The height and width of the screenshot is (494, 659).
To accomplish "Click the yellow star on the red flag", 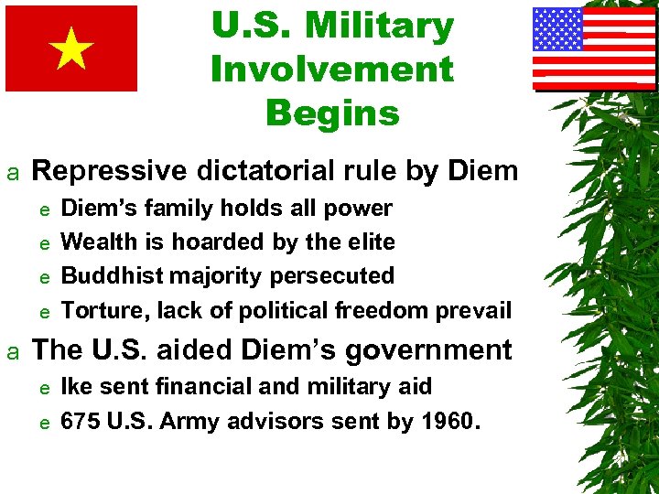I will [x=71, y=48].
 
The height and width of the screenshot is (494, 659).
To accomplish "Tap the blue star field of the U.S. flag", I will [x=558, y=29].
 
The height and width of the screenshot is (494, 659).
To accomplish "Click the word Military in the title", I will [x=380, y=27].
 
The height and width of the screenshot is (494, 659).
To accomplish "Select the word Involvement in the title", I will [x=331, y=70].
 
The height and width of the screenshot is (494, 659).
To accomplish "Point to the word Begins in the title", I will [x=332, y=113].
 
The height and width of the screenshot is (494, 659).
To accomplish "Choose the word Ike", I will [x=76, y=386].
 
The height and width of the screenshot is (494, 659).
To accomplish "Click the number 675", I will [x=80, y=421].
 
